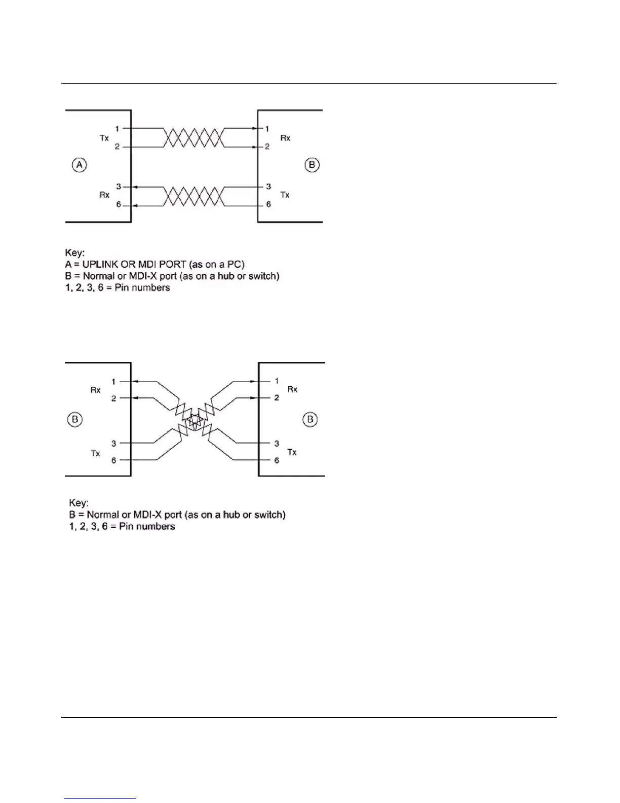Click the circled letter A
(80, 165)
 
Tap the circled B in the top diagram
(312, 165)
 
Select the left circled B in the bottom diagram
(74, 420)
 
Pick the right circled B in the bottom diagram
(310, 420)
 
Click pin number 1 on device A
(117, 129)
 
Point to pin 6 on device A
(119, 205)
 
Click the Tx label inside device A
(104, 138)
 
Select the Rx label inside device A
(104, 195)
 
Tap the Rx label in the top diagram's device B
(285, 138)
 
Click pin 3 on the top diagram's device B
(268, 187)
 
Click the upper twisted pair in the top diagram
(192, 137)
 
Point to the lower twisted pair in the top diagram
(192, 196)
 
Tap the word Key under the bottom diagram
(79, 503)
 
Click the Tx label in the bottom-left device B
(95, 453)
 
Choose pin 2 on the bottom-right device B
(277, 398)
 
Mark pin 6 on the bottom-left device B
(113, 460)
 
